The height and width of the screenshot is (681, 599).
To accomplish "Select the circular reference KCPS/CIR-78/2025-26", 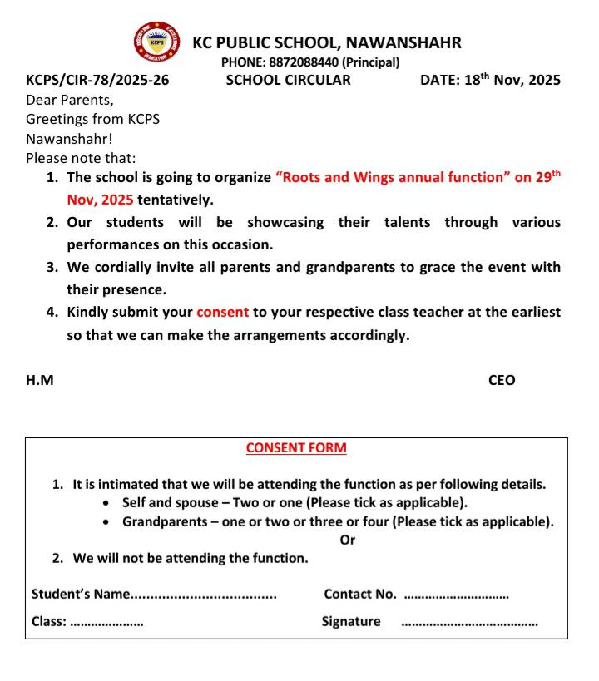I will [92, 81].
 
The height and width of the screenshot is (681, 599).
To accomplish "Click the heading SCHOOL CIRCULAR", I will [288, 81].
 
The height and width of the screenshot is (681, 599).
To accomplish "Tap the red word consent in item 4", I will [222, 313].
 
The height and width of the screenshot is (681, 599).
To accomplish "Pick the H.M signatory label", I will [40, 381].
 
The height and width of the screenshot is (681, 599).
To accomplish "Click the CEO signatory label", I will [502, 381].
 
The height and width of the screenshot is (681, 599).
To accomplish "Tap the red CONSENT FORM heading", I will [296, 448].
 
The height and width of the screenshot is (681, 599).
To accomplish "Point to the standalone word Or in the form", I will [348, 540].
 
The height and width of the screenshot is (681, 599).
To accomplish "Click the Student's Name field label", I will [81, 595].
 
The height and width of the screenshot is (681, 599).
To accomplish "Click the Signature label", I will [351, 621].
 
